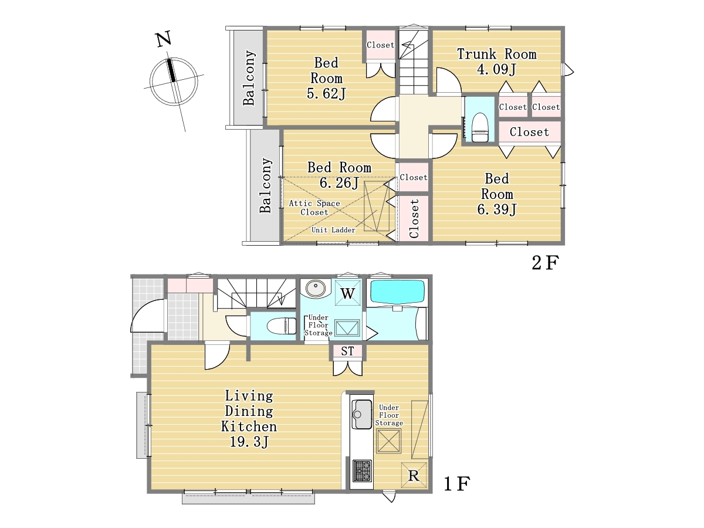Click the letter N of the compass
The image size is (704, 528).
[164, 39]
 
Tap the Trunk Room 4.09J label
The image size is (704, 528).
[496, 61]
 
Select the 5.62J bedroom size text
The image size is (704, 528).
[326, 94]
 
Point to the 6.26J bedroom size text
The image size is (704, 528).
[339, 182]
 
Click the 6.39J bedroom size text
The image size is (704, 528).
[497, 209]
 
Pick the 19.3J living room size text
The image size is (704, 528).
[249, 442]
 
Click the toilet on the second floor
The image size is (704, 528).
[480, 127]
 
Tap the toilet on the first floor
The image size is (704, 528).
[282, 326]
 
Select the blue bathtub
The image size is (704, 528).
[397, 292]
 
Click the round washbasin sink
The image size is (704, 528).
[316, 288]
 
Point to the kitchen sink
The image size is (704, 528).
[362, 414]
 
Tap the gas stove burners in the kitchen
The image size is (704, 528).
[362, 471]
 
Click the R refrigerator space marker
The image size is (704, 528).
[414, 475]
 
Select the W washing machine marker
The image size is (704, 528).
[348, 293]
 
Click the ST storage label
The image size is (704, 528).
[347, 351]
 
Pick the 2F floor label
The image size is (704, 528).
[545, 263]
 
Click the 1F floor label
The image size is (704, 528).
[456, 484]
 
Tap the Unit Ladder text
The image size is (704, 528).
[333, 230]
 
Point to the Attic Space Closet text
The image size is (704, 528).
[314, 208]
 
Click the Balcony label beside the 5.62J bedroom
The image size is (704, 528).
[249, 78]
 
